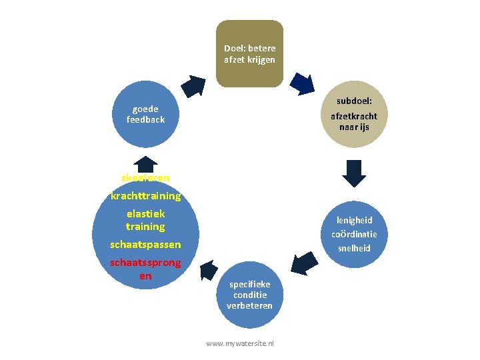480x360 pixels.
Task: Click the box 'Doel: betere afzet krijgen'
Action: tap(249, 54)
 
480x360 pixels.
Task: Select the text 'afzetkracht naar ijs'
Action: tap(354, 121)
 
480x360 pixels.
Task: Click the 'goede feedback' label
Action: tap(145, 114)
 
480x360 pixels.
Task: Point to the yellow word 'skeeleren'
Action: tap(145, 177)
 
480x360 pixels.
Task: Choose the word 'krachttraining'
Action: tap(145, 196)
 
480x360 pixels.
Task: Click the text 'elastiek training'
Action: tap(145, 220)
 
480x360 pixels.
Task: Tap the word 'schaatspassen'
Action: tap(145, 245)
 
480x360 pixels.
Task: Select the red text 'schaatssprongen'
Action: tap(145, 269)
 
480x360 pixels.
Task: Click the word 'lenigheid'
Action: tap(354, 220)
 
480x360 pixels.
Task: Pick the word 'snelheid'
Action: tap(354, 248)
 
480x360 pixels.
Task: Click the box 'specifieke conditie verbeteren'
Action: tap(249, 295)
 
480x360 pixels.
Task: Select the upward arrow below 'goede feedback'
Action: tap(145, 163)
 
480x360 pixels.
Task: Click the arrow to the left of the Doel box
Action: tap(195, 85)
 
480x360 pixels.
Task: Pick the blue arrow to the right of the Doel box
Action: tap(304, 83)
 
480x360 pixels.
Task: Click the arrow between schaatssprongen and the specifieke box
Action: tap(208, 269)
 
